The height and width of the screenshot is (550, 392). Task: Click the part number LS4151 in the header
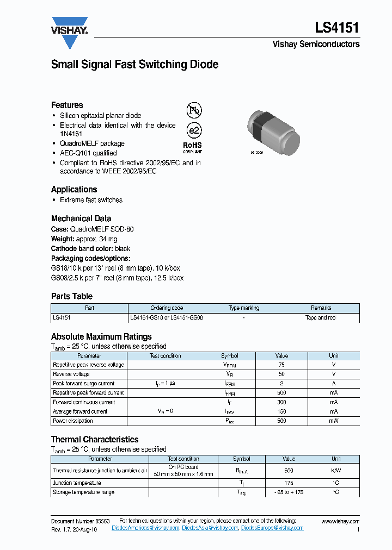pyautogui.click(x=336, y=28)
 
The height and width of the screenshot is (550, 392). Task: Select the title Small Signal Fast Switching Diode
pyautogui.click(x=134, y=64)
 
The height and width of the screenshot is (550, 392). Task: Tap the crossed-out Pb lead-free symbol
pyautogui.click(x=194, y=111)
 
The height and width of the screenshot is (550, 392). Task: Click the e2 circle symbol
pyautogui.click(x=194, y=130)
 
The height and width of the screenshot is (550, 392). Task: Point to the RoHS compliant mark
pyautogui.click(x=192, y=147)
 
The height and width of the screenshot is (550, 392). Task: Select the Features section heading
pyautogui.click(x=67, y=105)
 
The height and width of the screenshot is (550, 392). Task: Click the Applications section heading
pyautogui.click(x=74, y=189)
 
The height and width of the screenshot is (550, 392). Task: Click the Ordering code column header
pyautogui.click(x=167, y=308)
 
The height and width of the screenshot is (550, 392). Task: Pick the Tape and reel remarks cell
pyautogui.click(x=320, y=317)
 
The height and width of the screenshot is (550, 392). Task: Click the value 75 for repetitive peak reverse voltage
pyautogui.click(x=281, y=365)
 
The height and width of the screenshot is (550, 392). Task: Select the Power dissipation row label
pyautogui.click(x=73, y=421)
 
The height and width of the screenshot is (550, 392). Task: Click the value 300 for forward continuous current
pyautogui.click(x=281, y=402)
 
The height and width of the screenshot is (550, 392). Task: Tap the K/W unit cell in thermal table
pyautogui.click(x=336, y=471)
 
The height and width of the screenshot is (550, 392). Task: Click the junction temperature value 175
pyautogui.click(x=289, y=483)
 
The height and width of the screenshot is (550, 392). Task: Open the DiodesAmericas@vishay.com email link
pyautogui.click(x=145, y=528)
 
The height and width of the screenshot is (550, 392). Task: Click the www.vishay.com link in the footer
pyautogui.click(x=340, y=521)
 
